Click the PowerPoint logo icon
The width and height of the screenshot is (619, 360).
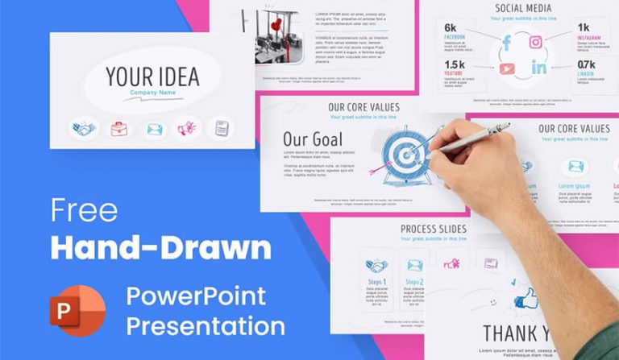77,309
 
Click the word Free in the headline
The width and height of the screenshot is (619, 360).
84,210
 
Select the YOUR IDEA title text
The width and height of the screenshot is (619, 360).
152,77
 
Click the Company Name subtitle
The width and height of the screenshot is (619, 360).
152,94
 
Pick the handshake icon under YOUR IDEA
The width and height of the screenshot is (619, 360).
83,128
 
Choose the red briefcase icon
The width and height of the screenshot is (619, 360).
118,128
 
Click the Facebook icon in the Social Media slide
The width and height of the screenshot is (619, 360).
507,42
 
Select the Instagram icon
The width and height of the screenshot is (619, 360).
536,42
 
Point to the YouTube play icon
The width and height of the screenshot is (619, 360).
507,68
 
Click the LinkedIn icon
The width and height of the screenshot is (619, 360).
538,68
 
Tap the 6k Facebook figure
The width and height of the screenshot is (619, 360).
451,28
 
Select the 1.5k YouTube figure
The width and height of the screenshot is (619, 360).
455,64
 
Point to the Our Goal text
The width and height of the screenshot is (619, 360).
313,139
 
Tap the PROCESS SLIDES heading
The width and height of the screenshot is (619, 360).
433,230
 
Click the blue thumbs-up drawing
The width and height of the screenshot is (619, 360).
525,300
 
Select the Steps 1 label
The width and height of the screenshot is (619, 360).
376,283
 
